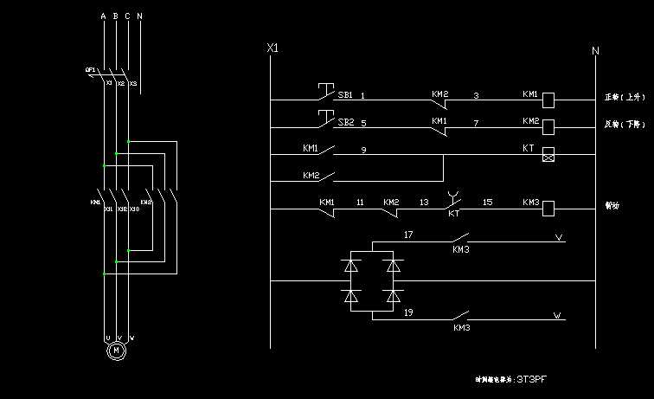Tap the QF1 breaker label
click(x=90, y=70)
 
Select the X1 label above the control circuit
click(x=273, y=48)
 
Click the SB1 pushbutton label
click(x=345, y=94)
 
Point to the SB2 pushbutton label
click(x=345, y=122)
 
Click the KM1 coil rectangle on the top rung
click(x=548, y=100)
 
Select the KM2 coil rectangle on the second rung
click(x=548, y=127)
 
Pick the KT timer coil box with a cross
click(x=548, y=155)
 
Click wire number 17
click(x=408, y=235)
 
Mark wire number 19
click(x=408, y=312)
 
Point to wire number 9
click(x=363, y=150)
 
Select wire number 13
click(x=424, y=203)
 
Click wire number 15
click(x=487, y=202)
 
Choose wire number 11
click(x=360, y=203)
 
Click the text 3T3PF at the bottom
click(x=532, y=379)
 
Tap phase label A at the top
click(x=103, y=16)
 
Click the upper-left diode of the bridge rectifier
click(x=350, y=266)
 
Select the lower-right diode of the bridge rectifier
click(x=394, y=297)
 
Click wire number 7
click(x=476, y=122)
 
